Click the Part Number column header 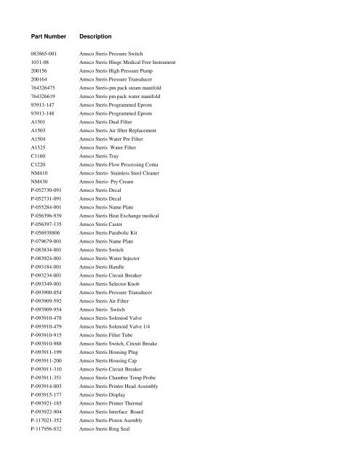coord(50,35)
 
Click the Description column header coord(100,35)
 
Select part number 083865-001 coord(47,55)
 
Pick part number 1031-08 coord(41,64)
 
